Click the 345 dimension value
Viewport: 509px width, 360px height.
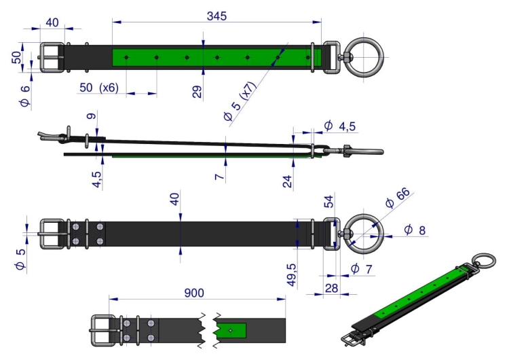click(216, 16)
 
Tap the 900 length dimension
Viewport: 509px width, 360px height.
click(194, 293)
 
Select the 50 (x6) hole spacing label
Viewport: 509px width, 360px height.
click(99, 88)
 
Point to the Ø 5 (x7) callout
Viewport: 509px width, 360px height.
click(240, 101)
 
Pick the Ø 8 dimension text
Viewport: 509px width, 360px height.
click(415, 230)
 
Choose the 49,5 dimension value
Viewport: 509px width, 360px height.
click(292, 275)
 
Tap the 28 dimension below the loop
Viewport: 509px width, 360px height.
click(331, 288)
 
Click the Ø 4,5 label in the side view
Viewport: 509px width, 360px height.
click(340, 126)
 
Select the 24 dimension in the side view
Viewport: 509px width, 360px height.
click(287, 181)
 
